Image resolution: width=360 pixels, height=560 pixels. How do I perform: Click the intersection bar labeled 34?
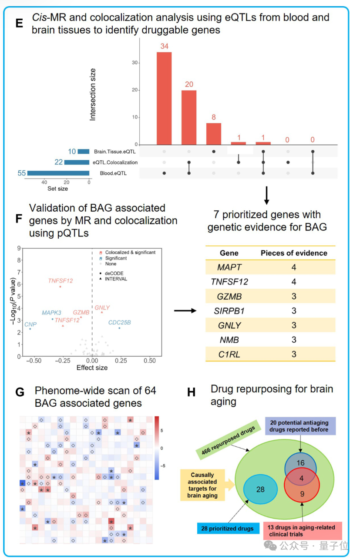point(164,98)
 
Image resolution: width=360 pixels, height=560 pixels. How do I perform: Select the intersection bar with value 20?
point(189,117)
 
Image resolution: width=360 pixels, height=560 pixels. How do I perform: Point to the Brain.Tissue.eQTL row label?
point(115,152)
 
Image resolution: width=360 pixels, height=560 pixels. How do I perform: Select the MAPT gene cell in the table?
point(229,267)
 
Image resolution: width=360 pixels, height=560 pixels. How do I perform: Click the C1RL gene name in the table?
point(229,354)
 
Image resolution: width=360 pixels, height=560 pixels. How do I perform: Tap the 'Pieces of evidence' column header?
point(294,253)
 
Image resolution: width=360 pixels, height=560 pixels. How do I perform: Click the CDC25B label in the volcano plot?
point(119,323)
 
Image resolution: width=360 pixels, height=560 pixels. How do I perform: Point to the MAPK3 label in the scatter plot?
point(52,313)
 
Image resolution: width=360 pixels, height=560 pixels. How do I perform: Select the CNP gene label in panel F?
point(30,324)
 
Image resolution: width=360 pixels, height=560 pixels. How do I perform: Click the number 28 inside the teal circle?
point(260,489)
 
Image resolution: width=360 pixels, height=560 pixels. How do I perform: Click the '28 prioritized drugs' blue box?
point(227,529)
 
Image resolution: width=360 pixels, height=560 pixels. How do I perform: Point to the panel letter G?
point(20,392)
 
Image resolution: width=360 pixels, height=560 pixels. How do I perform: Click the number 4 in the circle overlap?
point(301,478)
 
